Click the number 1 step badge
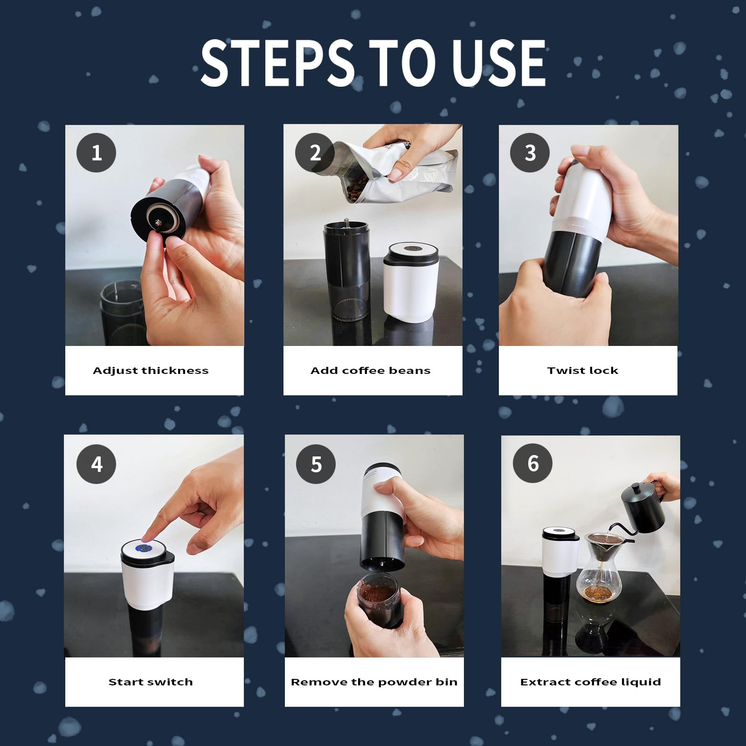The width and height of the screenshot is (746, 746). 96,152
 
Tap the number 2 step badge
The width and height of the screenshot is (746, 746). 315,152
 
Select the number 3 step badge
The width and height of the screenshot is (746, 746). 530,152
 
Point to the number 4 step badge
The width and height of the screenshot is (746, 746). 97,464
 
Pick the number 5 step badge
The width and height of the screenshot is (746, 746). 316,464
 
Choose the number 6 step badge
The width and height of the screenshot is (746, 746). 533,463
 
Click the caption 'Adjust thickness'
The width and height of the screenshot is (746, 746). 151,371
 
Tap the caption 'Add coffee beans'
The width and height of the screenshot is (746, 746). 371,371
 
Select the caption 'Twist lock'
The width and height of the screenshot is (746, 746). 583,371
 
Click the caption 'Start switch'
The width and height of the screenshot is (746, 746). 151,682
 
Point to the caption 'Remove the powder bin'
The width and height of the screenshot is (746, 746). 374,682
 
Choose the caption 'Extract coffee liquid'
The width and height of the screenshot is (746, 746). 591,682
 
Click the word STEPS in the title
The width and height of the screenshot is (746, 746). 277,63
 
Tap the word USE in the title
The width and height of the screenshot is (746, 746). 499,63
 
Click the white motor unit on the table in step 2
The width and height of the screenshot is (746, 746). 410,282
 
